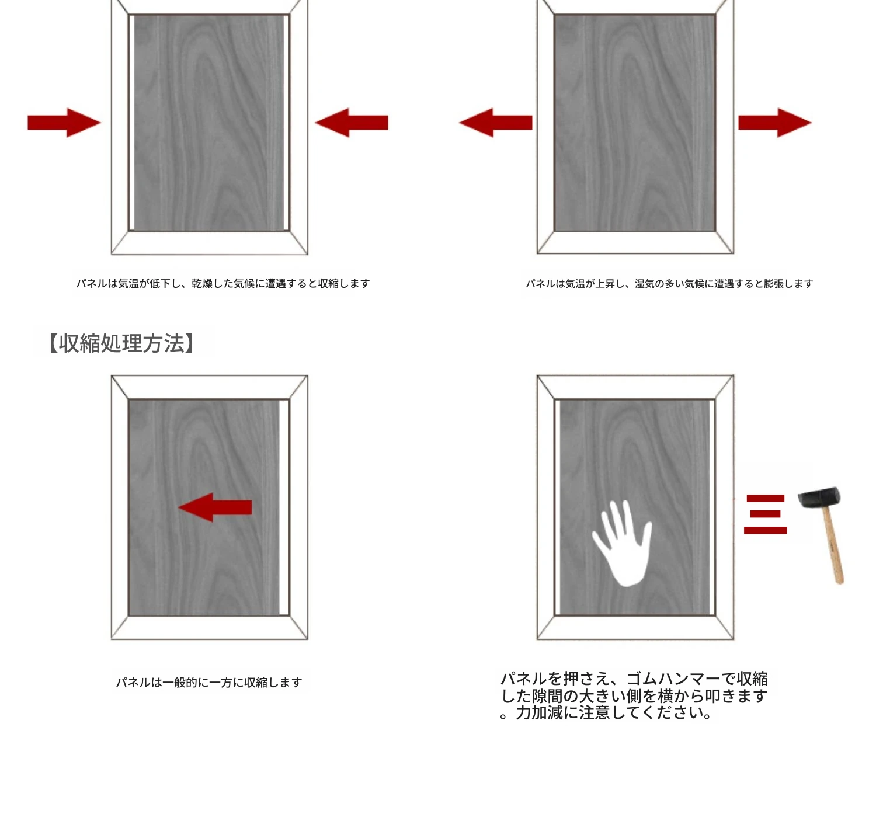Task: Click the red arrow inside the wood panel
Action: click(x=214, y=507)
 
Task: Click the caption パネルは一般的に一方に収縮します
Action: click(x=209, y=682)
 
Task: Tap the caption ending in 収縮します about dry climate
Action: click(x=223, y=283)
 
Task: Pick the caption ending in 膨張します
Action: click(x=669, y=284)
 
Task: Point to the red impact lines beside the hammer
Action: click(x=765, y=514)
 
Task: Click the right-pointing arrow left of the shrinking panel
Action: click(x=64, y=123)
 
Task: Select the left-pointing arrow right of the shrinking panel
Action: click(x=352, y=123)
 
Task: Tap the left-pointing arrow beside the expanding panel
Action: click(x=495, y=123)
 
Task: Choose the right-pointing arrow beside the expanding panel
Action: click(x=775, y=123)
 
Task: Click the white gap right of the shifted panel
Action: click(x=284, y=507)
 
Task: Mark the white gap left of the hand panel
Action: click(x=558, y=507)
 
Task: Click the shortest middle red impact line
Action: click(x=765, y=514)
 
